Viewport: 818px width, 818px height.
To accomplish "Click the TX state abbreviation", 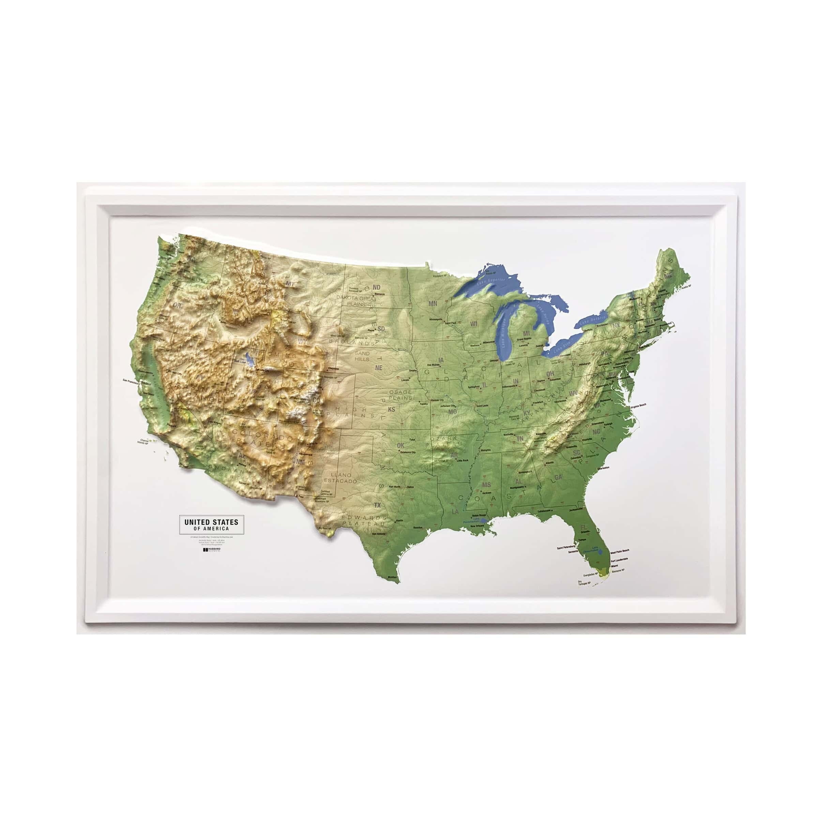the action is point(377,505).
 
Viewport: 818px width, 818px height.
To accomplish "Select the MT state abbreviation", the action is point(290,284).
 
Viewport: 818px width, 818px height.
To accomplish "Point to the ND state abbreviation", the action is point(376,287).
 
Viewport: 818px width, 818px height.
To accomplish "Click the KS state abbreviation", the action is point(391,409).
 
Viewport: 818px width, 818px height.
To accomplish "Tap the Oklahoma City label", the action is point(405,452).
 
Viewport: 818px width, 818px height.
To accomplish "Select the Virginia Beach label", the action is point(638,405).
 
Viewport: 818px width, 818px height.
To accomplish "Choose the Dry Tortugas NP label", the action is point(584,584).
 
